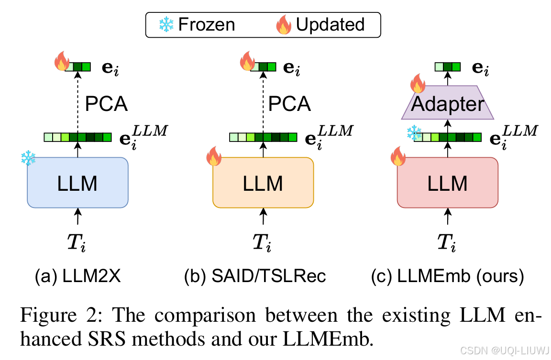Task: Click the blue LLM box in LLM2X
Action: pyautogui.click(x=77, y=183)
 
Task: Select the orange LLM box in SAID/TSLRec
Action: pyautogui.click(x=263, y=183)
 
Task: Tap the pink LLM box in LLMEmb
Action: pyautogui.click(x=447, y=183)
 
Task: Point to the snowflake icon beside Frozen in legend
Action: pyautogui.click(x=166, y=24)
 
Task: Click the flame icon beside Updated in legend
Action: pyautogui.click(x=284, y=24)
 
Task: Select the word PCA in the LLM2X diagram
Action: pyautogui.click(x=106, y=104)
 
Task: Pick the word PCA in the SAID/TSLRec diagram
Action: pyautogui.click(x=289, y=104)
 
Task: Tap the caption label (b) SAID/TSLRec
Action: pyautogui.click(x=255, y=276)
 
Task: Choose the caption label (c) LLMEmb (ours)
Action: pyautogui.click(x=448, y=276)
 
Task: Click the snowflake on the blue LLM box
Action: pyautogui.click(x=29, y=158)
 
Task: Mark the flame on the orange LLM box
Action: pyautogui.click(x=213, y=157)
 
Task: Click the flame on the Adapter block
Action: pyautogui.click(x=417, y=84)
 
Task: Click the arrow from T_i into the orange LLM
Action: pyautogui.click(x=263, y=218)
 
